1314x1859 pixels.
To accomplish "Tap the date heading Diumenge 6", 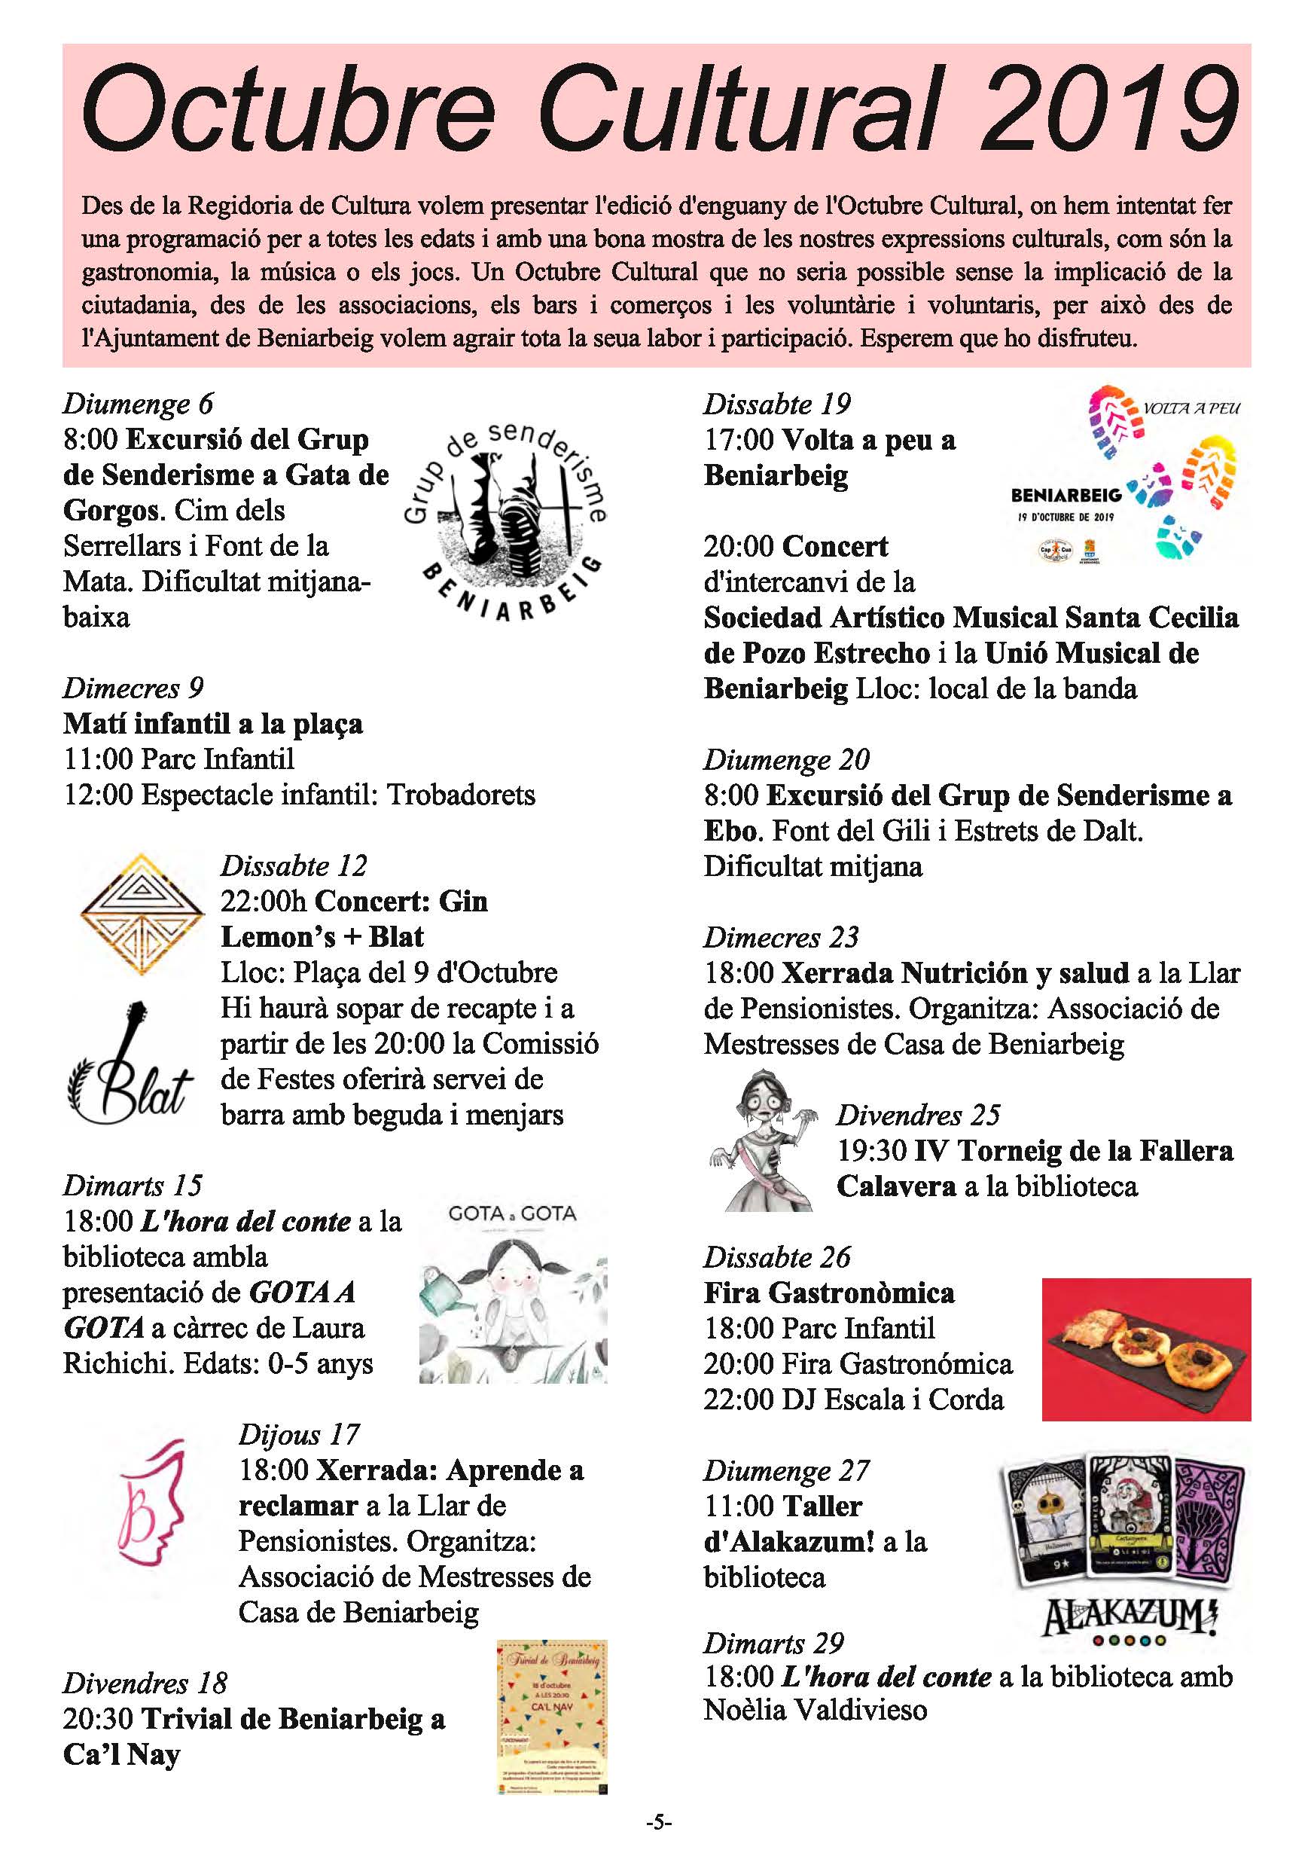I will [138, 403].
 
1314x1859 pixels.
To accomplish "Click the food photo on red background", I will [1145, 1350].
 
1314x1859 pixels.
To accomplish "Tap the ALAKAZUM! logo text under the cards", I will [1129, 1617].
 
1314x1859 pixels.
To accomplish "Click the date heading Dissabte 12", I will [293, 865].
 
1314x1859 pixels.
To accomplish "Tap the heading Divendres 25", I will [918, 1115].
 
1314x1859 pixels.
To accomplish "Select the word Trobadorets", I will [461, 794].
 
